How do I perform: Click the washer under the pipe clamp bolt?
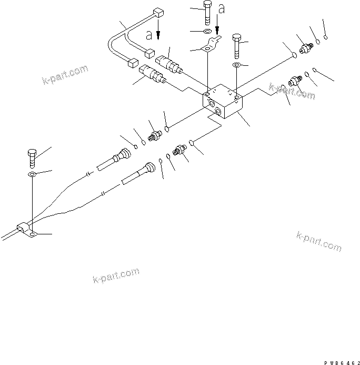coord(32,173)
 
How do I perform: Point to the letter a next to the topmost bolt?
coord(222,9)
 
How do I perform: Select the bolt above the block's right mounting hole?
coord(237,46)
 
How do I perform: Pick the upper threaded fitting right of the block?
coord(305,49)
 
